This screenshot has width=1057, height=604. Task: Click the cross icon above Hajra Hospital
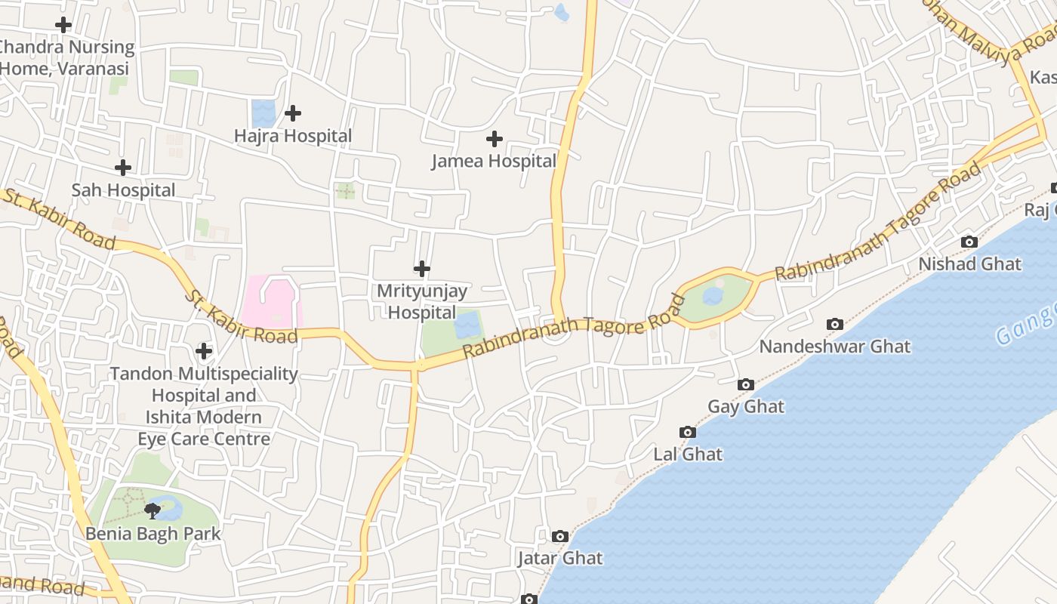pos(293,113)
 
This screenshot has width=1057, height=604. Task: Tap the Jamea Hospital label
pos(494,161)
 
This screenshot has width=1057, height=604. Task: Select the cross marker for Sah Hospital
pos(123,167)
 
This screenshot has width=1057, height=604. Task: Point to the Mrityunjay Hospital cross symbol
pos(422,268)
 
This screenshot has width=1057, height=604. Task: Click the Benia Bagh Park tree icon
pos(153,510)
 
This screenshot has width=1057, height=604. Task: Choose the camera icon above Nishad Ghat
pos(969,242)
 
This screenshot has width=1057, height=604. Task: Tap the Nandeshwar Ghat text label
pos(834,347)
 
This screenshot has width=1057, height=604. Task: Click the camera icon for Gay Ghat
pos(746,384)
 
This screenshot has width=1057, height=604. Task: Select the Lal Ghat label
pos(687,455)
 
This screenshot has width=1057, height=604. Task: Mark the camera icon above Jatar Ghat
pos(559,536)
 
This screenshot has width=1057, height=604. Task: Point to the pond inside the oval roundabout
pos(713,295)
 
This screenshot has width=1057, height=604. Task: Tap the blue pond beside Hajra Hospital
pos(263,113)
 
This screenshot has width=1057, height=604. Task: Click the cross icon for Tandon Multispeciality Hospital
pos(204,351)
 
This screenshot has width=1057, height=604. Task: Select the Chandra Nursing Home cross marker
pos(63,25)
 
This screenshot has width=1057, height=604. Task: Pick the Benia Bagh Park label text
pos(153,534)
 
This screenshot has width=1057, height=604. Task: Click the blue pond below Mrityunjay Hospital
pos(467,326)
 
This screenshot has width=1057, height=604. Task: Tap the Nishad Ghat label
pos(969,264)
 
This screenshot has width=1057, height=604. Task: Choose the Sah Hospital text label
pos(123,190)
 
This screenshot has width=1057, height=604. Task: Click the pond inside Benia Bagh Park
pos(171,510)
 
